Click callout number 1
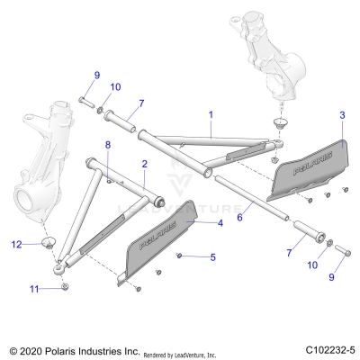coord(211,115)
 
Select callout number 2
coord(145,164)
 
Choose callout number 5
coord(212,257)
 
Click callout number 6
coord(238,217)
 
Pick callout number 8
coord(108,145)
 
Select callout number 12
coord(16,244)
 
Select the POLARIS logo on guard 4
coord(163,242)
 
